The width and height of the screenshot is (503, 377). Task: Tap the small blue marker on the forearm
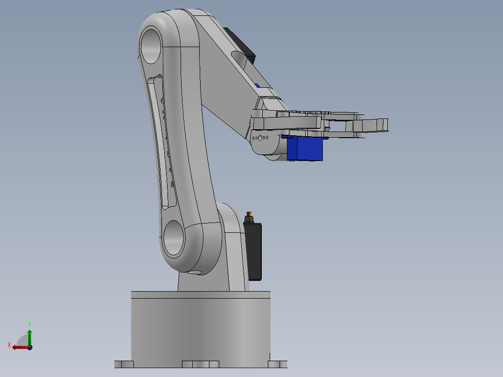(x=258, y=85)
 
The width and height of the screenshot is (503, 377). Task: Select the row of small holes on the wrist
(x=260, y=138)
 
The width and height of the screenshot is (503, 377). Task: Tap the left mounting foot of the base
(x=124, y=364)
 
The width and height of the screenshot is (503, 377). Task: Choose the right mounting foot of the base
(x=278, y=364)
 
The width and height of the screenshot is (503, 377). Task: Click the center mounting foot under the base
(x=200, y=364)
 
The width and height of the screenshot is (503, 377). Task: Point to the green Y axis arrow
(x=29, y=336)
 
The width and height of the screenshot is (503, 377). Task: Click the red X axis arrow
(x=19, y=347)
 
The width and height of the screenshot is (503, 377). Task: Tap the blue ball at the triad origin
(x=30, y=347)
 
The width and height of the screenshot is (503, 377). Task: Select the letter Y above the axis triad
(x=29, y=324)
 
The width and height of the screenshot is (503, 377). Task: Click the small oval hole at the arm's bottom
(x=196, y=272)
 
